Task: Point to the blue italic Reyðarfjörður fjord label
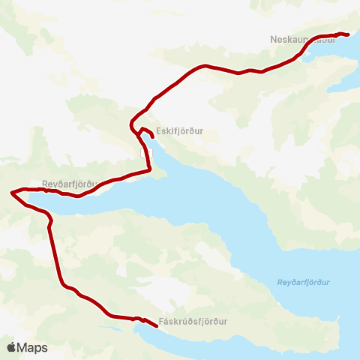click(x=303, y=282)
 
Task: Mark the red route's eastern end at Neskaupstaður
click(x=349, y=34)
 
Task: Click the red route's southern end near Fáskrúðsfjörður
click(x=156, y=326)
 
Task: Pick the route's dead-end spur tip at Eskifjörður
click(x=153, y=137)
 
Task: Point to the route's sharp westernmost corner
click(x=11, y=193)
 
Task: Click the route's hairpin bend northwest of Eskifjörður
click(x=131, y=121)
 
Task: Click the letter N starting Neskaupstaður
click(x=273, y=38)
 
